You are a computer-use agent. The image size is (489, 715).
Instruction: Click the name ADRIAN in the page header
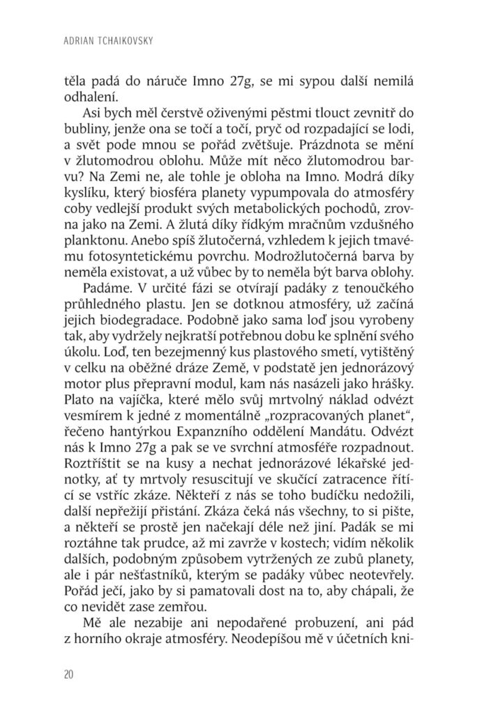pos(75,43)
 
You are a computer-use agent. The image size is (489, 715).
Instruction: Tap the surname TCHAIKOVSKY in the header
pos(123,43)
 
